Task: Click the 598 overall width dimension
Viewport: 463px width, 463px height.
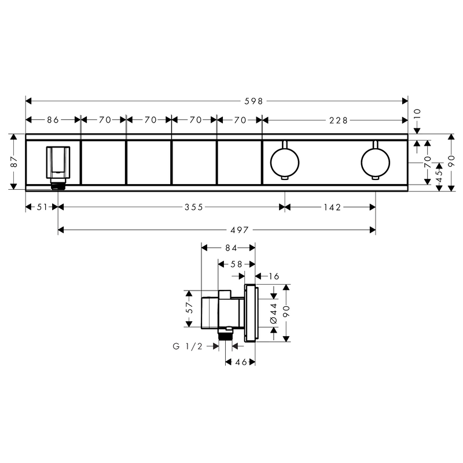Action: (x=253, y=101)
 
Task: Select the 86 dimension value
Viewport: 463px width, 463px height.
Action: (x=53, y=120)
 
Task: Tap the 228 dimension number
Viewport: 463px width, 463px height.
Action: (x=339, y=120)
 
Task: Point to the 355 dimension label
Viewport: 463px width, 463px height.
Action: (x=194, y=207)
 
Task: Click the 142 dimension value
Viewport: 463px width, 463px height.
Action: (x=332, y=207)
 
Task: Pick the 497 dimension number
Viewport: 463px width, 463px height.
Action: (x=240, y=230)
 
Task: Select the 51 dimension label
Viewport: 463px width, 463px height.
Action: (x=42, y=207)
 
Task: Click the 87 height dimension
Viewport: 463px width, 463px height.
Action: (x=14, y=162)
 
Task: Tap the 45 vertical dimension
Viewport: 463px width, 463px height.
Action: (x=439, y=177)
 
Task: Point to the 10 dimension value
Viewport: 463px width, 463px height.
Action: (x=417, y=113)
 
